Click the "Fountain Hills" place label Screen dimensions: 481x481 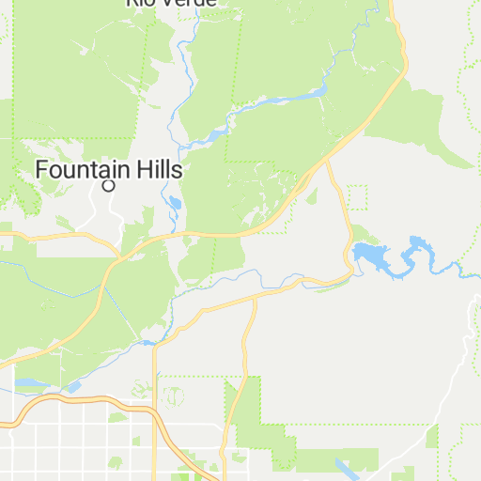pos(108,170)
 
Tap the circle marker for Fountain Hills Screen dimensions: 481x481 pos(108,186)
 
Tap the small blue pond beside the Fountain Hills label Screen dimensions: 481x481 pos(175,202)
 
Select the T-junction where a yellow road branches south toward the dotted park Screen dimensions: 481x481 pos(256,298)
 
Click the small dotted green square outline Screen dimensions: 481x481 pos(356,196)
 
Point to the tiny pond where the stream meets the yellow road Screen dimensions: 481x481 pos(148,343)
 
